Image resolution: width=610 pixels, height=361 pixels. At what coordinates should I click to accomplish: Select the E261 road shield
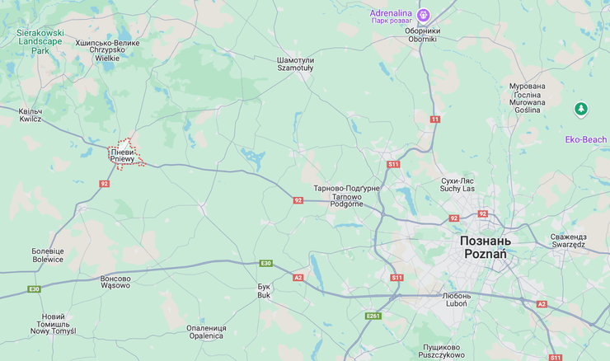click(x=373, y=316)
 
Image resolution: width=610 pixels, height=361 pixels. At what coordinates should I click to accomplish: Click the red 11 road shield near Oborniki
click(x=434, y=120)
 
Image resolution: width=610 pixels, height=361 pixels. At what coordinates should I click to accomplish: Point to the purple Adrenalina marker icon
click(x=424, y=14)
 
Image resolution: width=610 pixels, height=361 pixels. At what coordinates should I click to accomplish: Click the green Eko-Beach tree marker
click(x=581, y=109)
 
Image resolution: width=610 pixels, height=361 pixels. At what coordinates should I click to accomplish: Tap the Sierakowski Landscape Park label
click(x=40, y=41)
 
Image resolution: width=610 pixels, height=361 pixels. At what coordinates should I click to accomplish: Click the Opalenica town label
click(x=205, y=331)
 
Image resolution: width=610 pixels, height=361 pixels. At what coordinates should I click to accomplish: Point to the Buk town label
click(x=264, y=291)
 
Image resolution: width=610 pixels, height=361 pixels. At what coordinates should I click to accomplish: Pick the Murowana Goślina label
click(x=527, y=98)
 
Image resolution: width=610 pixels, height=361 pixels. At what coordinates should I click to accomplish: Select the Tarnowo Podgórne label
click(x=346, y=196)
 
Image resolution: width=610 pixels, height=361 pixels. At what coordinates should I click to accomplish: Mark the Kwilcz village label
click(x=30, y=115)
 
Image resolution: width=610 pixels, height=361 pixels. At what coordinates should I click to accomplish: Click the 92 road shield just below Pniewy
click(x=105, y=183)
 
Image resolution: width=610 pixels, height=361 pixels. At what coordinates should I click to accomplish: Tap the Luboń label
click(x=456, y=299)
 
